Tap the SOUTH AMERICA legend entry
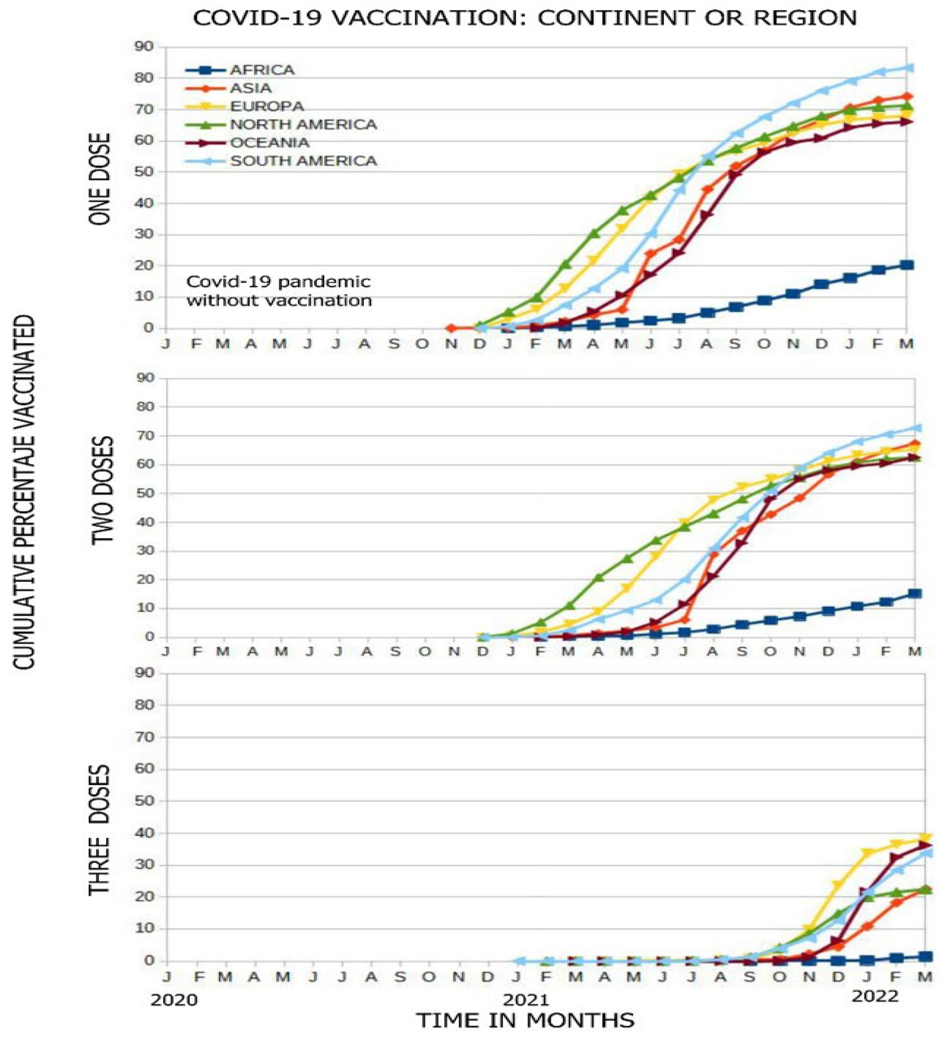(303, 161)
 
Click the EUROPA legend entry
(267, 106)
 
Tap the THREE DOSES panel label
(100, 830)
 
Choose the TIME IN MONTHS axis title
(525, 1020)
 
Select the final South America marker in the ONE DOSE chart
(909, 67)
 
